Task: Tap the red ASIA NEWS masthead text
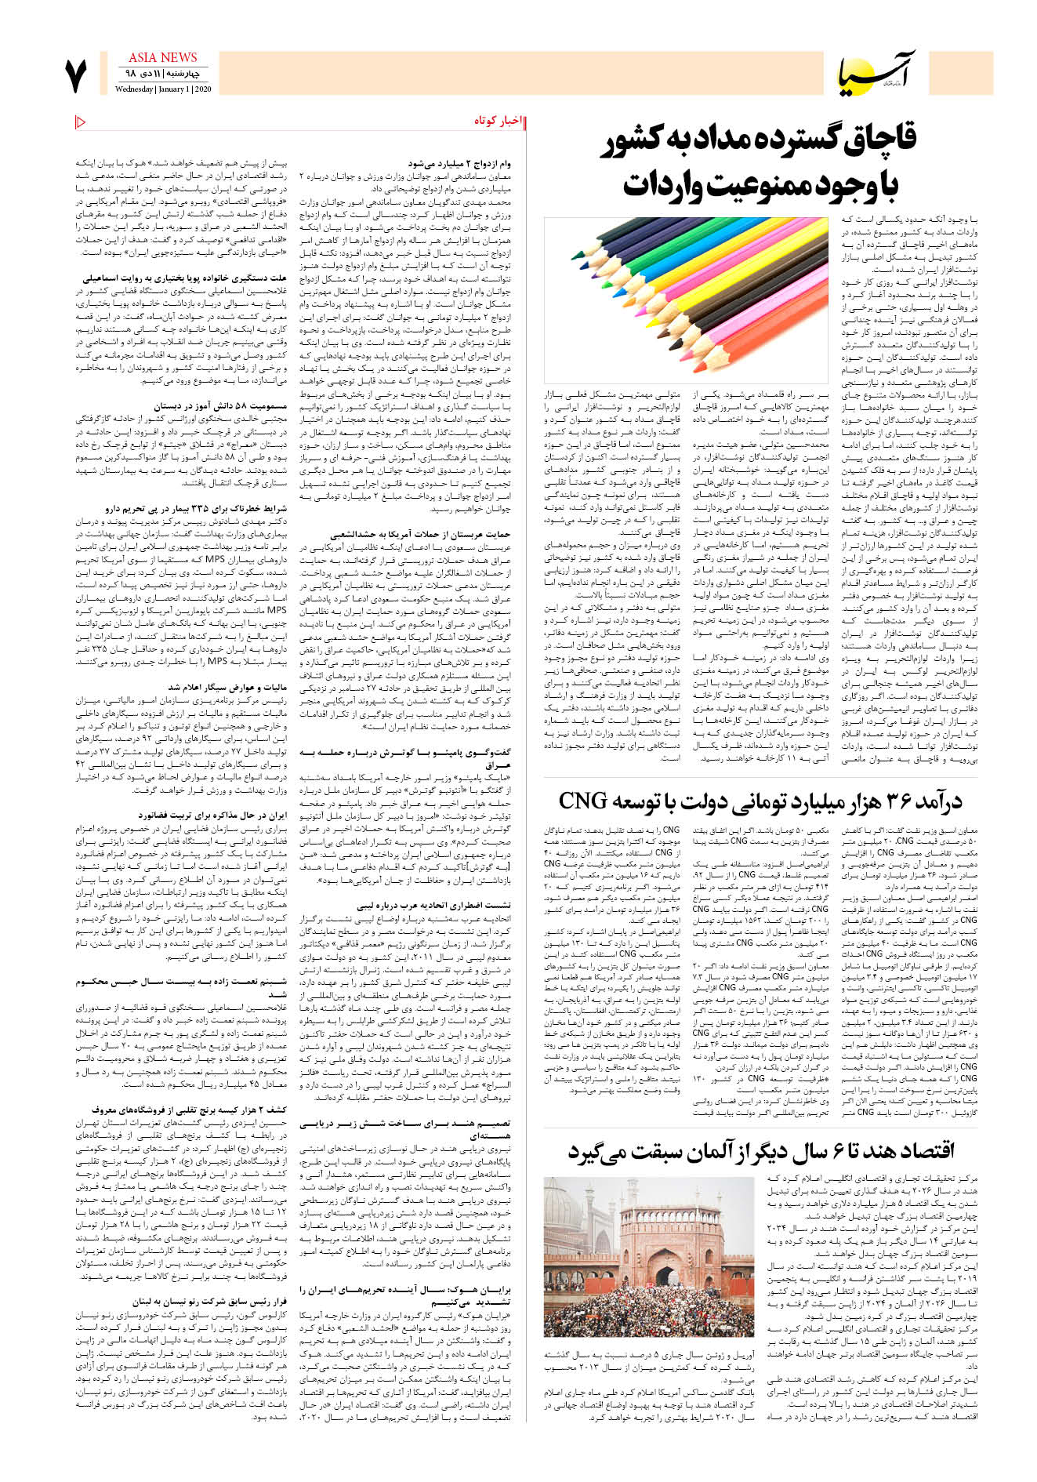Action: pyautogui.click(x=162, y=57)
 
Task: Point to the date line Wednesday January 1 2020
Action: pyautogui.click(x=162, y=89)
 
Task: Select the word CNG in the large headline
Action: pyautogui.click(x=583, y=801)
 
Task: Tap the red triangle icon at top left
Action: pyautogui.click(x=81, y=121)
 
